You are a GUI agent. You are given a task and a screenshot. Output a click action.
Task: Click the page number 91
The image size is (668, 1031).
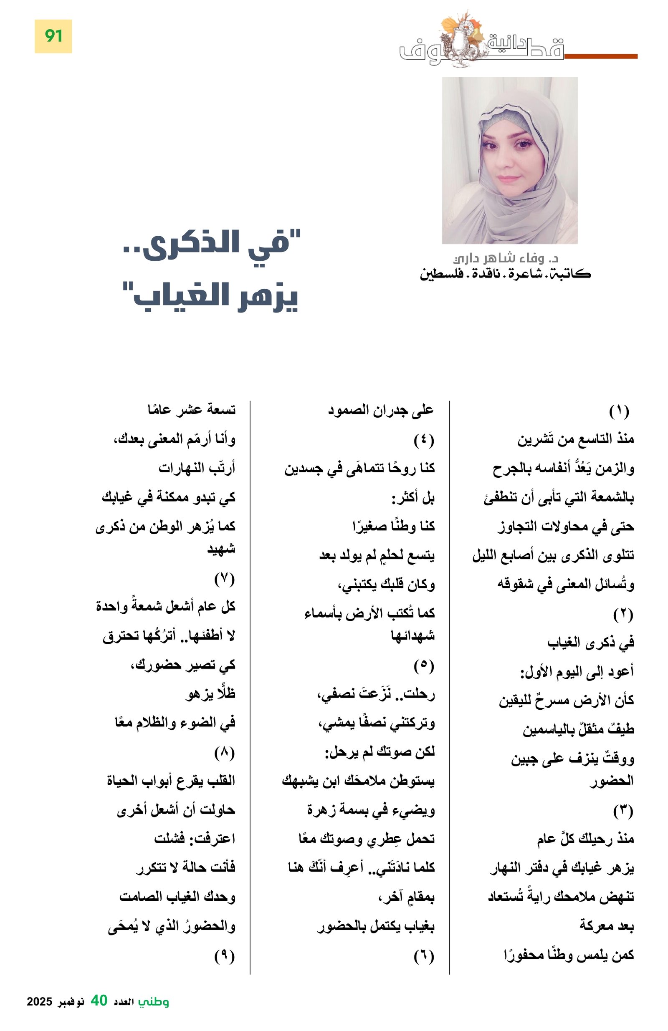(53, 36)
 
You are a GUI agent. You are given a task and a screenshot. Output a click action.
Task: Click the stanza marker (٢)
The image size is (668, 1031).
(623, 614)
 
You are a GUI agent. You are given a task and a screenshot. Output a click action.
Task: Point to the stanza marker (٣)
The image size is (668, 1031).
(623, 811)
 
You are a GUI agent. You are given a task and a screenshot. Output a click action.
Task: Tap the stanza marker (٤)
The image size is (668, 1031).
(423, 440)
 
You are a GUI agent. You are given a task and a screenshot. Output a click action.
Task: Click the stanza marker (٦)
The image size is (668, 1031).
(423, 956)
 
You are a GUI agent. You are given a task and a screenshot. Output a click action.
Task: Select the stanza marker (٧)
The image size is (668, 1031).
(224, 579)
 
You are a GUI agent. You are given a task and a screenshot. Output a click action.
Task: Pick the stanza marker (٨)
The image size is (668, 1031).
(224, 753)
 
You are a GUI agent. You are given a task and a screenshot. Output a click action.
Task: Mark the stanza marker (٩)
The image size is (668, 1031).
(224, 956)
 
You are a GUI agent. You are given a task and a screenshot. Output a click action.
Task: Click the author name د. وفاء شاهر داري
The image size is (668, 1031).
(505, 259)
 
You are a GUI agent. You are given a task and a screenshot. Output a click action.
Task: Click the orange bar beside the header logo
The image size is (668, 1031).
(600, 56)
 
